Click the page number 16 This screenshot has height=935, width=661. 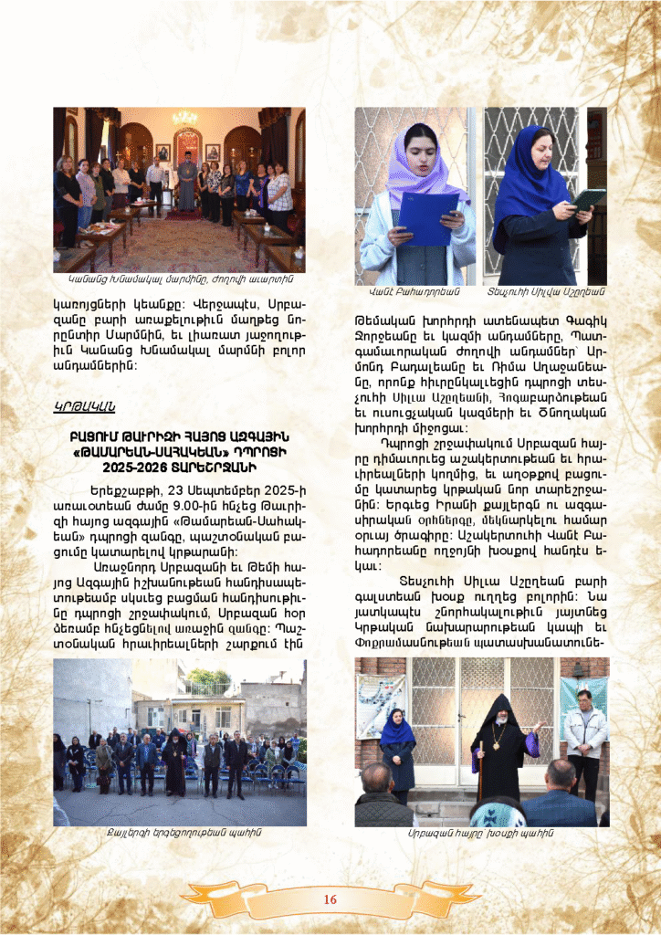[x=330, y=900]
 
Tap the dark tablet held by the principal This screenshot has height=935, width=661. [x=587, y=198]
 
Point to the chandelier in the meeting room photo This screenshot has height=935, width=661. [x=185, y=119]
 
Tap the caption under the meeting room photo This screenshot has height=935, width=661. [x=179, y=278]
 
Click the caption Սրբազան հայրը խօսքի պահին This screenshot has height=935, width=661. [x=480, y=833]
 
